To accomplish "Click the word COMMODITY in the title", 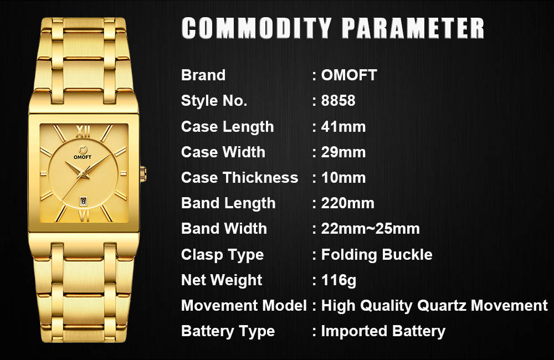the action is pos(256,28).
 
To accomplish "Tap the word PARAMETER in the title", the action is pos(413,28).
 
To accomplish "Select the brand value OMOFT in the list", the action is pos(349,75).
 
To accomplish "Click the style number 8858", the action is pos(338,100).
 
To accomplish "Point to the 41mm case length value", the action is pos(343,126).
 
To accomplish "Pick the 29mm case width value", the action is pos(343,152).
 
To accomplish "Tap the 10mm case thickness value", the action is pos(343,177).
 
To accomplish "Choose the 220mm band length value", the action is pos(348,203).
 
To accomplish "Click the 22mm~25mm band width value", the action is pos(370,229).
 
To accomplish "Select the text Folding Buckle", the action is pos(377,254).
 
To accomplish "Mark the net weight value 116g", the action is pos(338,280).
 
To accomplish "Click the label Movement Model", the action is pos(244,305).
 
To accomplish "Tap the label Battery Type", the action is pos(228,331).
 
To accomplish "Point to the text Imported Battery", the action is pos(383,331).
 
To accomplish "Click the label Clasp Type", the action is pos(223,255).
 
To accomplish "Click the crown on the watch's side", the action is pos(143,174).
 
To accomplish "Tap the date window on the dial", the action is pos(84,202).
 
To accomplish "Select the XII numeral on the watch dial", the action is pos(83,132).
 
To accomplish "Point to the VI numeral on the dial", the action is pos(84,216).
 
